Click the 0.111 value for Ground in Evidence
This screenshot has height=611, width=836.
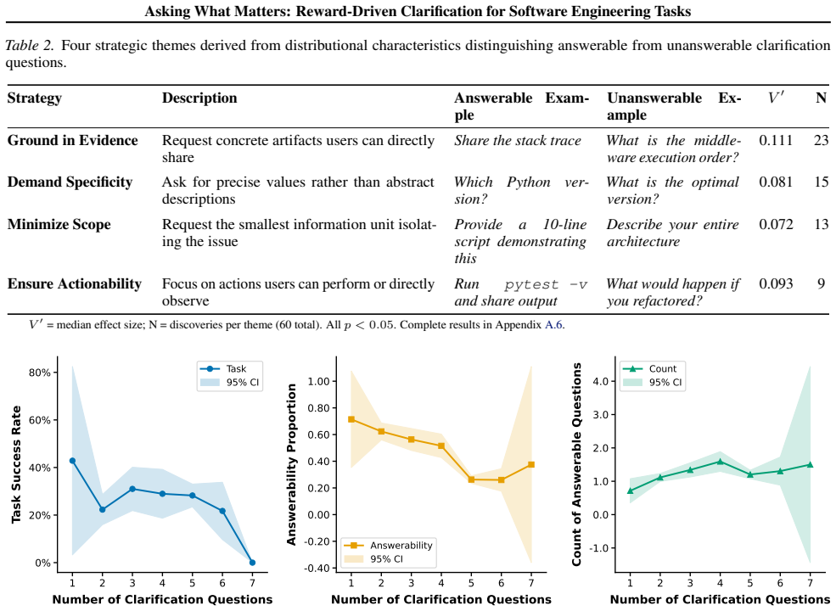[x=776, y=140]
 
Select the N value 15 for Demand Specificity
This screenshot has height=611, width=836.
[x=821, y=182]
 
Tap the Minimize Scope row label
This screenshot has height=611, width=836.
[x=59, y=224]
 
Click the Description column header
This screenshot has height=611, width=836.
[x=199, y=98]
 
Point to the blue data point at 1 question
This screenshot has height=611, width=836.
[x=72, y=461]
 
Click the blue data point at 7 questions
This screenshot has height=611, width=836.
[x=252, y=563]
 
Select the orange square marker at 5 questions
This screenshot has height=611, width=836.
[x=471, y=479]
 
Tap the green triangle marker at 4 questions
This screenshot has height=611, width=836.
[x=721, y=461]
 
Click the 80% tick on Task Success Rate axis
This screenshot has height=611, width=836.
[x=39, y=373]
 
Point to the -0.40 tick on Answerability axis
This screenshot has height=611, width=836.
[x=317, y=569]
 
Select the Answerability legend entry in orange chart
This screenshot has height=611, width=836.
[x=388, y=546]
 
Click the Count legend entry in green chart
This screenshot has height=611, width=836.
[x=650, y=368]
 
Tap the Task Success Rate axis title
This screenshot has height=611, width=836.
[x=16, y=464]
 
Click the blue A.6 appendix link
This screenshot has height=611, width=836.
[x=553, y=325]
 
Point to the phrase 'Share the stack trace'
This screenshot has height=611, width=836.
[x=518, y=141]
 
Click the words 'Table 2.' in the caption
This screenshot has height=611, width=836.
[x=30, y=45]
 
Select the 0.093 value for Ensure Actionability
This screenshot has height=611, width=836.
[x=776, y=283]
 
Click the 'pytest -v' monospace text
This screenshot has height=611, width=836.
[x=546, y=284]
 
